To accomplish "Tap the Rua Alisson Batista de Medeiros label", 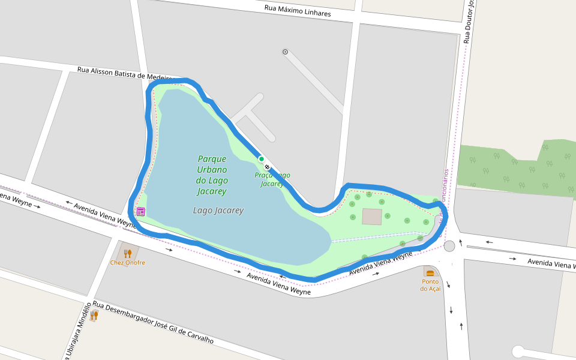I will tap(125, 73).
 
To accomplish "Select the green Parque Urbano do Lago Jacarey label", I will tap(212, 175).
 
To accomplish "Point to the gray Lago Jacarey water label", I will tap(218, 211).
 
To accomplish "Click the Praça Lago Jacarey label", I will tap(273, 179).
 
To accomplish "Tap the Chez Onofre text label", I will tap(127, 262).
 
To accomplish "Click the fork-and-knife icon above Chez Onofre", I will tap(127, 253).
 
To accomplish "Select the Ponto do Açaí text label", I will tap(430, 285).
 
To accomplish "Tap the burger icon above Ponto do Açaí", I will tap(430, 272).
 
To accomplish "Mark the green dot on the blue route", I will tap(261, 159).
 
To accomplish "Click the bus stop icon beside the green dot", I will tap(267, 167).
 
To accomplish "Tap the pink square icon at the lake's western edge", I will tap(140, 211).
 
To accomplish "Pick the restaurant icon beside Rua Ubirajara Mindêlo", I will tap(94, 315).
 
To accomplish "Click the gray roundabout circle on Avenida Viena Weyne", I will tap(449, 246).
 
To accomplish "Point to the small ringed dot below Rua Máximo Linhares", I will tap(285, 52).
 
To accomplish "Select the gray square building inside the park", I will tap(372, 217).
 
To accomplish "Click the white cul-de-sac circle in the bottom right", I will tap(518, 352).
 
